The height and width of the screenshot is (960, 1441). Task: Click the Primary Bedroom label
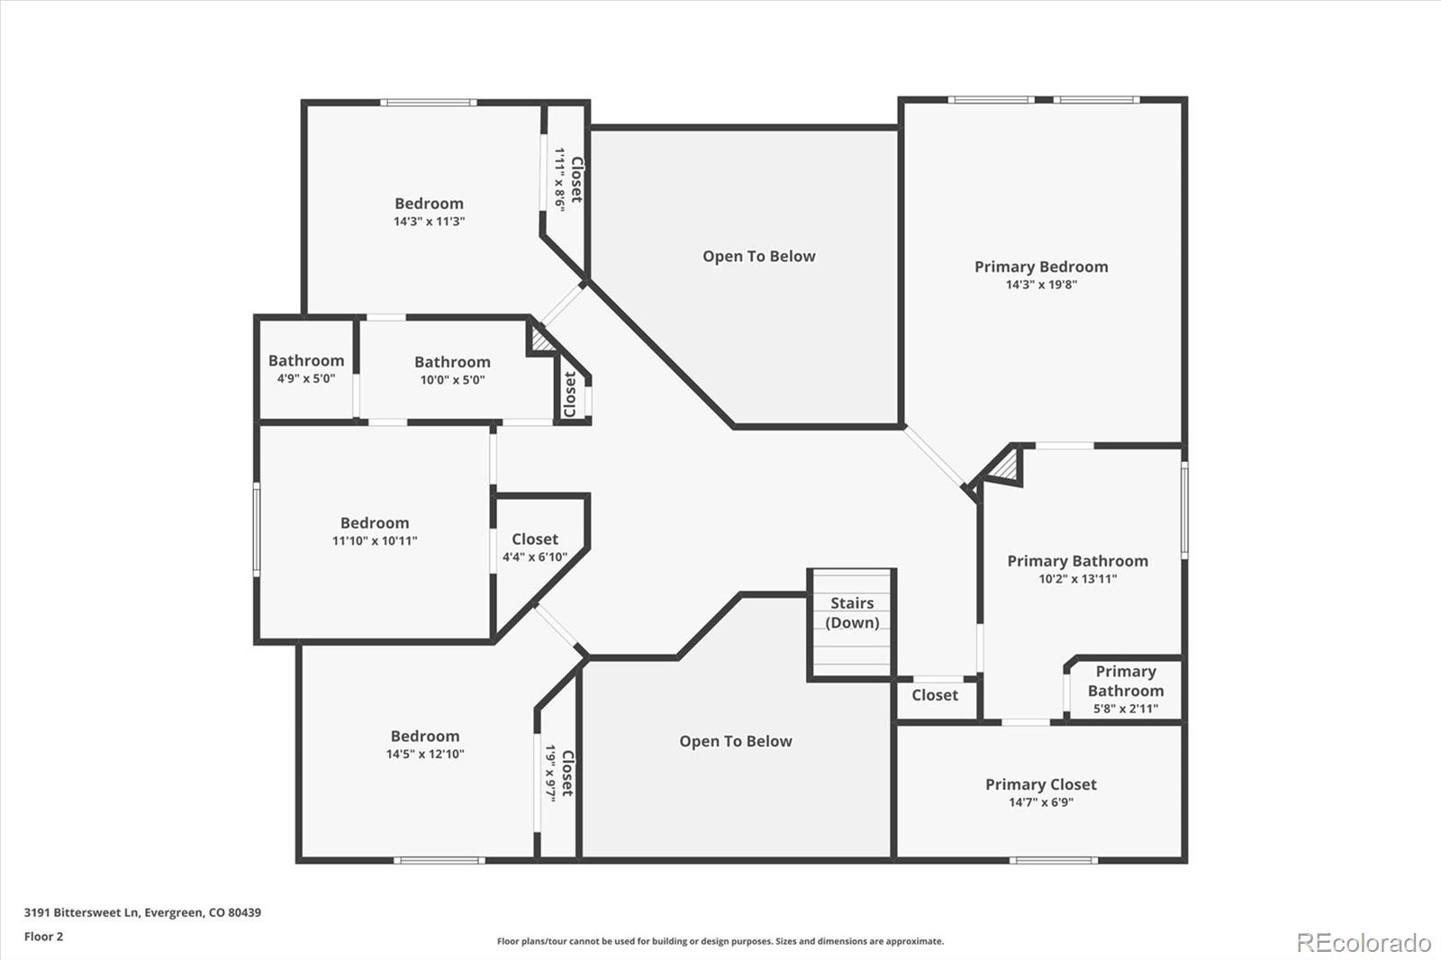(1041, 267)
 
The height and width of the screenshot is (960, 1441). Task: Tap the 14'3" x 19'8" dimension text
(1041, 285)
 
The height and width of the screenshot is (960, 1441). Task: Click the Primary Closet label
(1040, 784)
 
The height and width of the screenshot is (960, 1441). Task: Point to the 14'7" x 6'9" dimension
(1040, 802)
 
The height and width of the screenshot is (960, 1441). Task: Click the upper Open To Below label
(758, 257)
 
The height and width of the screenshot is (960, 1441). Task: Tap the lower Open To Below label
(735, 741)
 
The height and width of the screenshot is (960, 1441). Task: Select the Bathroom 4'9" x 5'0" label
(306, 361)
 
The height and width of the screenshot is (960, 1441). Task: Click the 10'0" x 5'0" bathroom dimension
(452, 380)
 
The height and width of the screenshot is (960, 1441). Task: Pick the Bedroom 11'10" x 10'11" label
(375, 523)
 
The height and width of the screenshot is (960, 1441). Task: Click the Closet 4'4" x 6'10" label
(535, 539)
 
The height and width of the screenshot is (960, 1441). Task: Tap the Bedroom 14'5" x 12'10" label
(425, 737)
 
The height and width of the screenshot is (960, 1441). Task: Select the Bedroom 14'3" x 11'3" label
(429, 204)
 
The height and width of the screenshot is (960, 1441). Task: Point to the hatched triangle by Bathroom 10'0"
(541, 340)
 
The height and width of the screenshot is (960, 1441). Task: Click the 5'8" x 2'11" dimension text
(1125, 709)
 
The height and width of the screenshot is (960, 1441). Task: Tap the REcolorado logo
(1364, 943)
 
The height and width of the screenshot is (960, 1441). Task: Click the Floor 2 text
(43, 937)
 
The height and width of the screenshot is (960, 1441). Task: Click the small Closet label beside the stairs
(934, 695)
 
